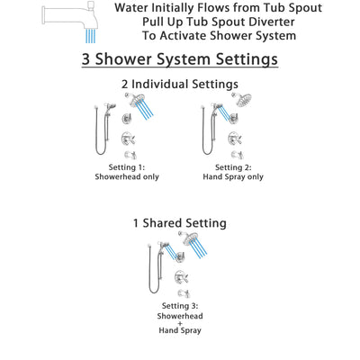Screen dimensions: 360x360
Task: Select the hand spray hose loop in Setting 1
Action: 99,135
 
